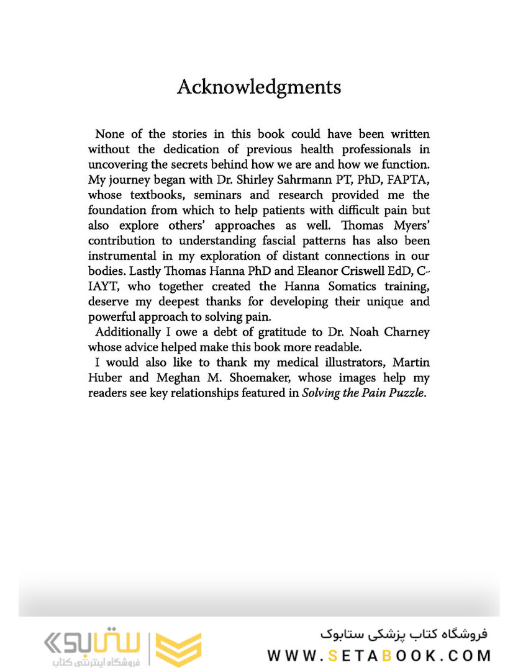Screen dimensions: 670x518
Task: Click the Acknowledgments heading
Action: tap(258, 86)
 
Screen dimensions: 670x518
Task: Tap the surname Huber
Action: tap(104, 377)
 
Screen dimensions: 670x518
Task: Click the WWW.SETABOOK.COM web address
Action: tap(379, 655)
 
